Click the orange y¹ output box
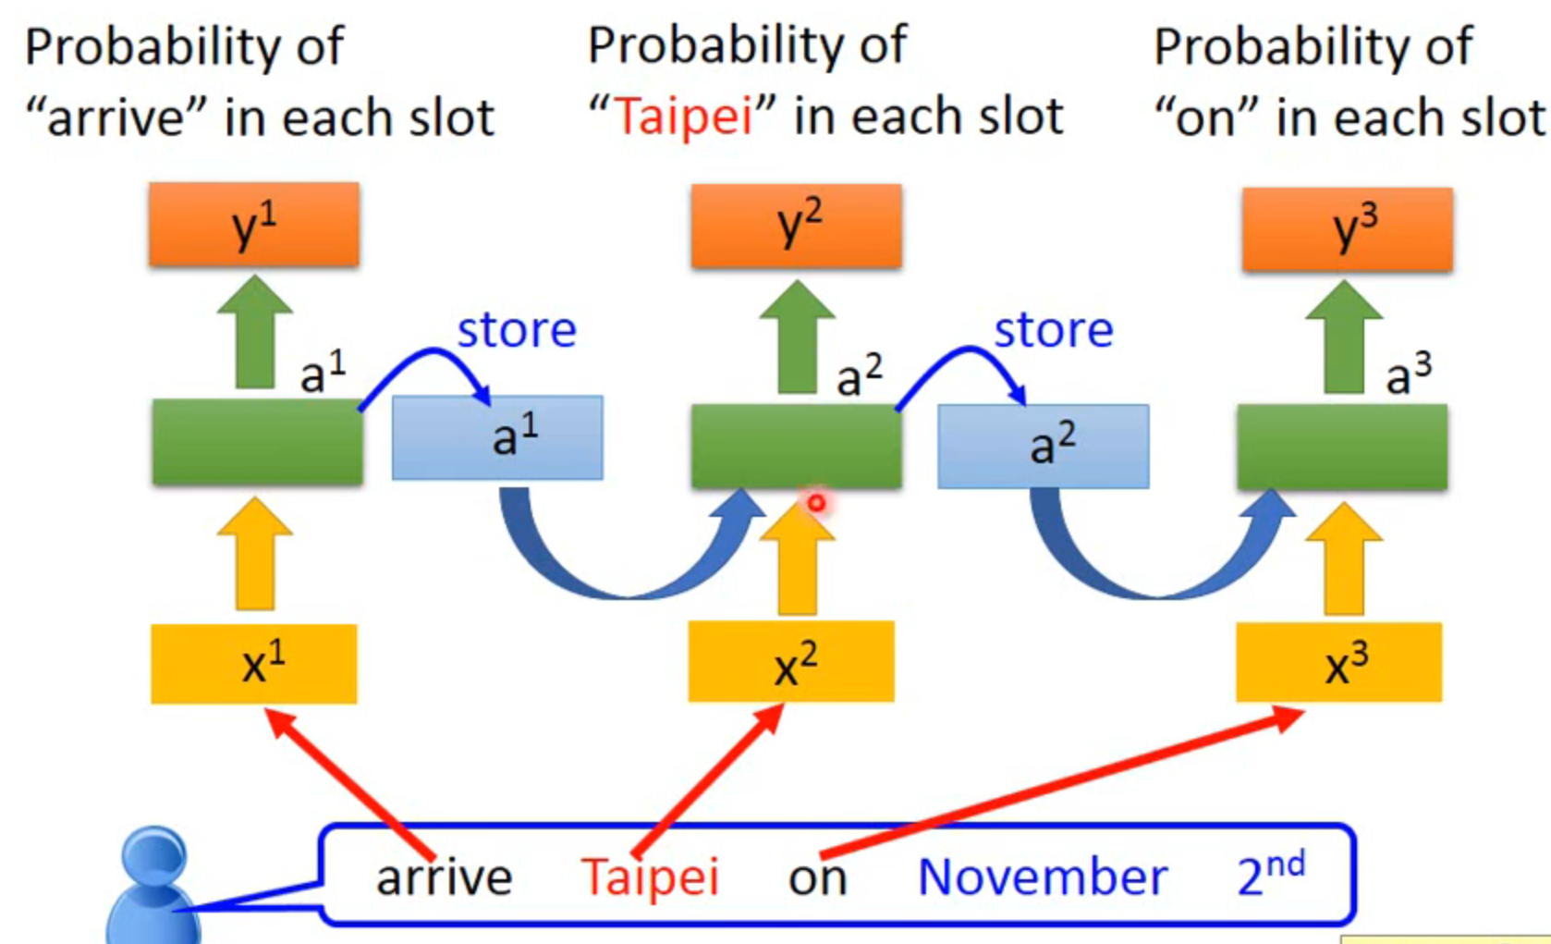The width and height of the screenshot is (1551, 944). [x=254, y=225]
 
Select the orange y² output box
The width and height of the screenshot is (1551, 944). [x=796, y=226]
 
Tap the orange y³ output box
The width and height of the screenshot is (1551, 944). [x=1347, y=229]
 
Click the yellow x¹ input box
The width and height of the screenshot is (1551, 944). [x=254, y=664]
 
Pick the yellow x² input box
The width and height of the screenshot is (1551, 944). [x=791, y=662]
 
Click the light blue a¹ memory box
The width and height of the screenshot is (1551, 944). [x=497, y=437]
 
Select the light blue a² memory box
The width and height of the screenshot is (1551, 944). [x=1044, y=446]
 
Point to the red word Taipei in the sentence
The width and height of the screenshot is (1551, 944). [x=650, y=876]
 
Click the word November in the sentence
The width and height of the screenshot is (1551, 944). [x=1042, y=876]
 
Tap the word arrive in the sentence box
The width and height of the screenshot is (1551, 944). [x=444, y=876]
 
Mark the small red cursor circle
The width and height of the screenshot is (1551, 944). [x=816, y=503]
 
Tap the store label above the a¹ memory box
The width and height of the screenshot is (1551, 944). [x=517, y=330]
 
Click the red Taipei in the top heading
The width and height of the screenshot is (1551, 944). [x=684, y=117]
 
